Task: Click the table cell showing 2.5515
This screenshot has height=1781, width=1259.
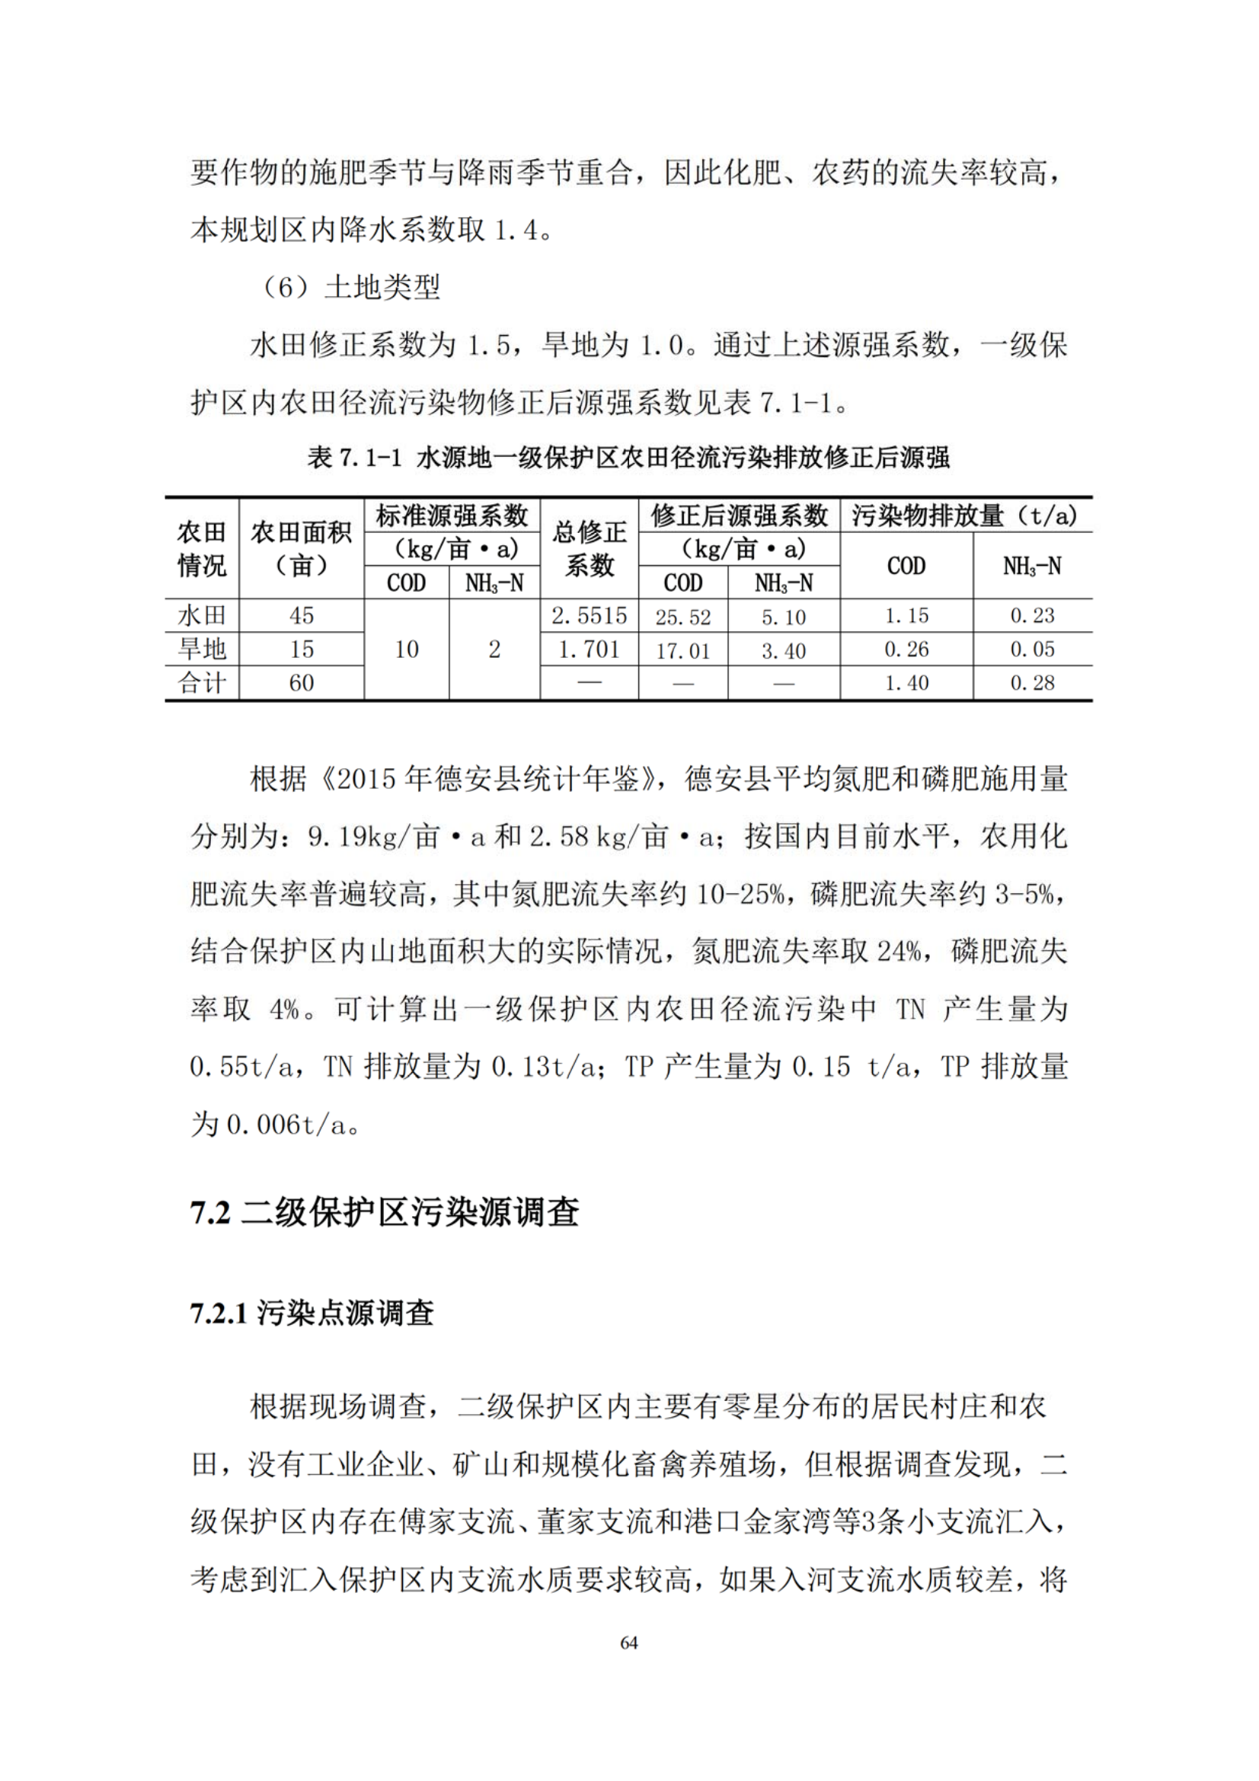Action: pos(589,616)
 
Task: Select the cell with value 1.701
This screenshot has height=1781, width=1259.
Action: pos(589,650)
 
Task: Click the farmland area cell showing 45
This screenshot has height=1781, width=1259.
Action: pos(301,616)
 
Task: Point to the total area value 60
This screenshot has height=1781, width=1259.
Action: pos(301,683)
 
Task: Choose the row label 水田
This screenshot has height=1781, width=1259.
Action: pos(202,616)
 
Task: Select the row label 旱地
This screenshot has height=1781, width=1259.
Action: pos(202,650)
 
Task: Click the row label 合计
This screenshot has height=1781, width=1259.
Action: pos(202,683)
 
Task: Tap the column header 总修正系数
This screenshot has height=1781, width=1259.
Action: pos(589,548)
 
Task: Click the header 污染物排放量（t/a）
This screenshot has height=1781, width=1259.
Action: pos(965,515)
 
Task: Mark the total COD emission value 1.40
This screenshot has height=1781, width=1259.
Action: pos(906,683)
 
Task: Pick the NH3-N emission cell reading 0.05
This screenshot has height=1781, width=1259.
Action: pos(1032,650)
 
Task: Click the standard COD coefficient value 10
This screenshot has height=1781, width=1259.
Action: pos(407,650)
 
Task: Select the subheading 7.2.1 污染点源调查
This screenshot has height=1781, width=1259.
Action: pos(312,1313)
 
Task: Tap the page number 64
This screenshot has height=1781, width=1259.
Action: pos(629,1642)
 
